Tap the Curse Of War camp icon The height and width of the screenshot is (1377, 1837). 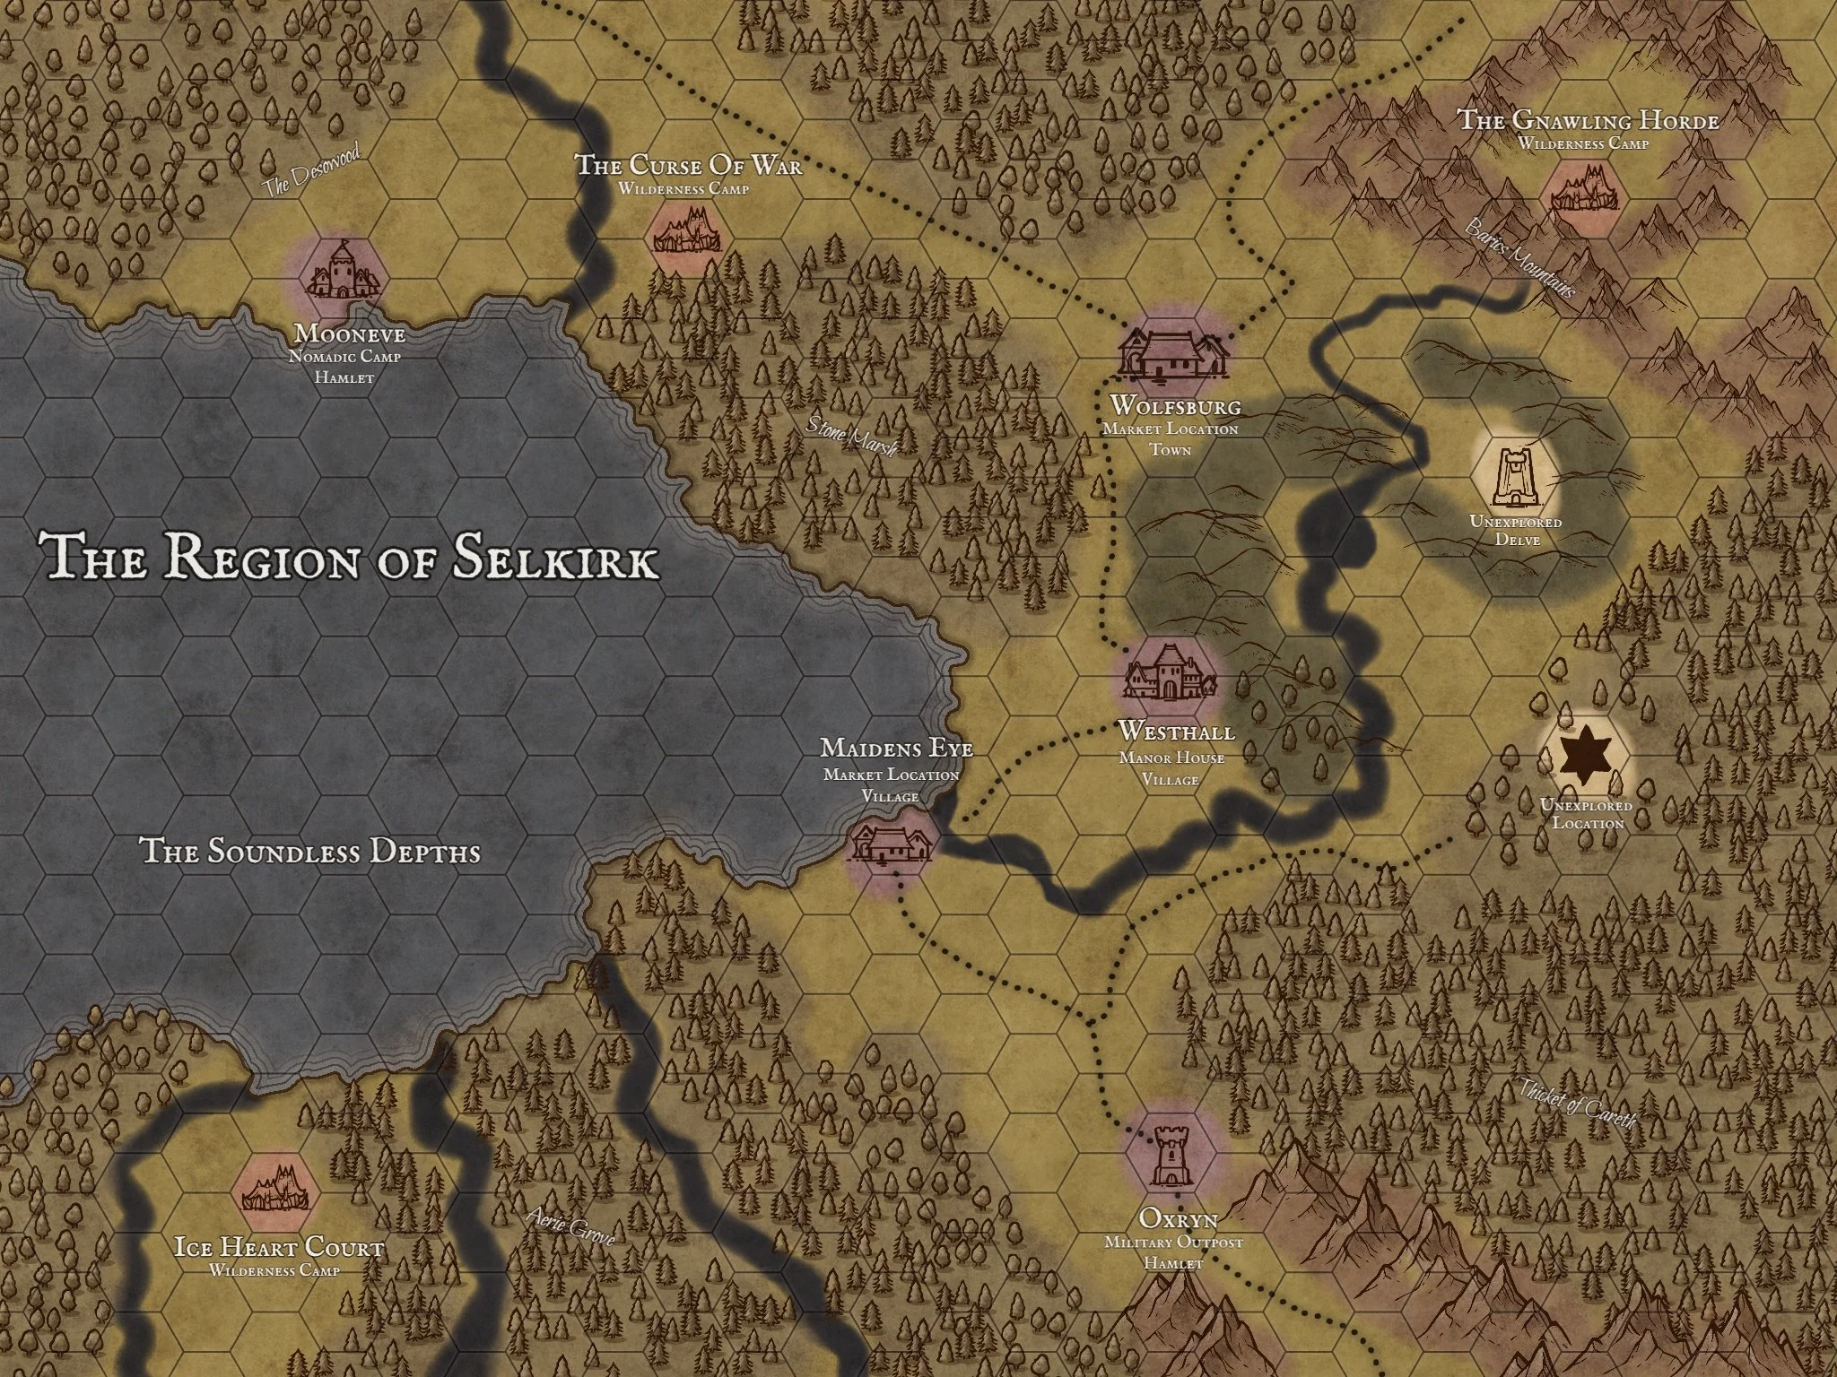(687, 231)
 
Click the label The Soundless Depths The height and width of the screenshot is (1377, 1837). (310, 851)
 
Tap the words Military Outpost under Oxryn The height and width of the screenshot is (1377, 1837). (1173, 1243)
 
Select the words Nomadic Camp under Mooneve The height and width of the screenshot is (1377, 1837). (344, 357)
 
